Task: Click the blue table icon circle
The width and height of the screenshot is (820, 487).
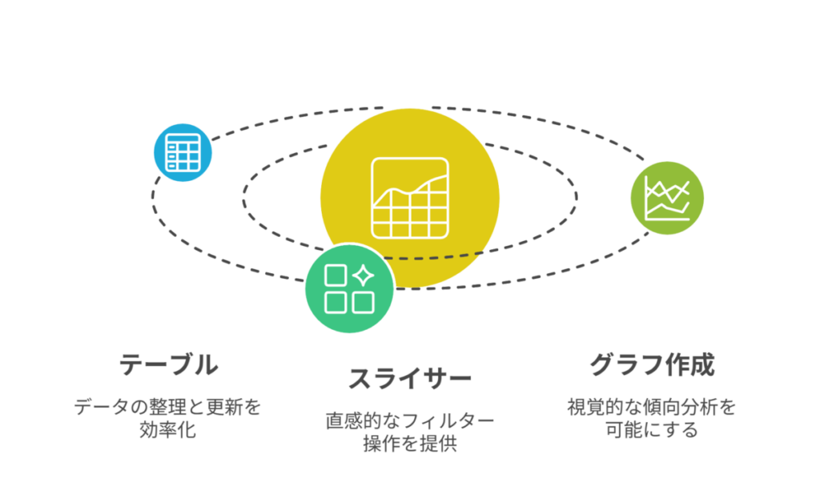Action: [183, 153]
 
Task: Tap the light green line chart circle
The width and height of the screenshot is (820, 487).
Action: [667, 199]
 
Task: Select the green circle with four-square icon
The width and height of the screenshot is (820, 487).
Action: [349, 288]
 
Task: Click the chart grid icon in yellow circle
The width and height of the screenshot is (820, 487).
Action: [410, 199]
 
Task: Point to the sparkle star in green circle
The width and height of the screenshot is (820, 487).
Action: [364, 276]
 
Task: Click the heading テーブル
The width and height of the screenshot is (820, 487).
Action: [169, 364]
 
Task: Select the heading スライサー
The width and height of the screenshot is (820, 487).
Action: [410, 379]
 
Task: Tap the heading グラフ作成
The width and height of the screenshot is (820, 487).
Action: [652, 364]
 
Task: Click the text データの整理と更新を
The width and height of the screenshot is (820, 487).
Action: [167, 406]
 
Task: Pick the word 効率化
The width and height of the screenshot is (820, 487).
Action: [167, 429]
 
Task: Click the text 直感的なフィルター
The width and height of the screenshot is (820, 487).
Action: [410, 421]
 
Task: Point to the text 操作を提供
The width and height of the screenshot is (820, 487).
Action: [410, 444]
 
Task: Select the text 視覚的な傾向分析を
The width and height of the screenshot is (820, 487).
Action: [652, 406]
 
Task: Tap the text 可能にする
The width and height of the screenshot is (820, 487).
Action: [652, 429]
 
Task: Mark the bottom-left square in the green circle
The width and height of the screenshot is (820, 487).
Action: [336, 302]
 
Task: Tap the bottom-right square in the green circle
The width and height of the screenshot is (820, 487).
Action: [363, 302]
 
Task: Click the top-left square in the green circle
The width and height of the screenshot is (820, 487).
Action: [336, 276]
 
